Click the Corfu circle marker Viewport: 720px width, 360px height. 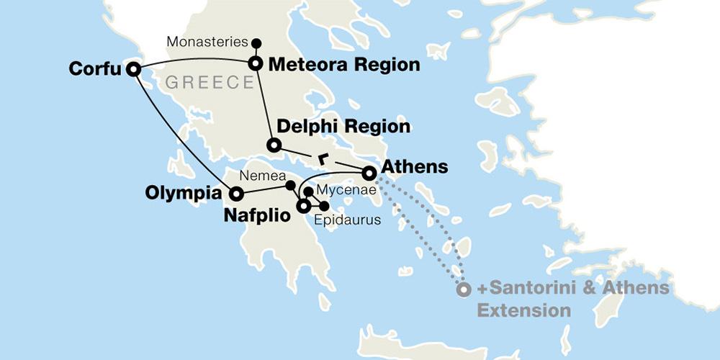click(132, 69)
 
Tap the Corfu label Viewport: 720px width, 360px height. click(95, 69)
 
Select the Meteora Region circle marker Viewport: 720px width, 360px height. click(255, 63)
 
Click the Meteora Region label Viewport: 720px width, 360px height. click(343, 65)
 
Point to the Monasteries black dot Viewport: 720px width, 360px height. click(256, 42)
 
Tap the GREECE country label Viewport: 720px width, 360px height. click(210, 83)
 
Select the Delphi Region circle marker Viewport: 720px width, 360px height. click(273, 145)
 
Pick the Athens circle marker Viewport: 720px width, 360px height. click(368, 173)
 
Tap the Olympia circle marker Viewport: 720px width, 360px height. click(235, 193)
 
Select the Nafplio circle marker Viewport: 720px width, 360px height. click(304, 207)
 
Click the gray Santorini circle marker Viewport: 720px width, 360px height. click(464, 289)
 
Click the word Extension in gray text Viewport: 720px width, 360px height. click(523, 310)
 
